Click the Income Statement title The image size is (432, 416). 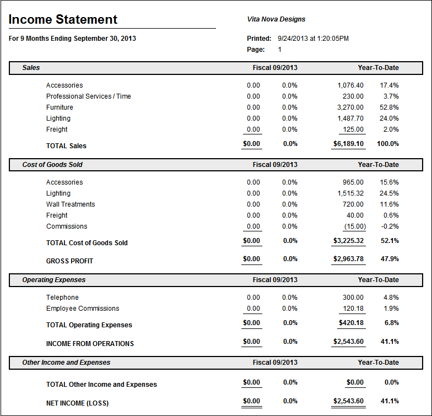coord(63,20)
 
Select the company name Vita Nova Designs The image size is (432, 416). coord(276,19)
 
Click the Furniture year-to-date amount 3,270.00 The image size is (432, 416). coord(350,107)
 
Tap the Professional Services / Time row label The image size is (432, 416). coord(89,96)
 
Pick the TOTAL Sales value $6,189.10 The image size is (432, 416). coord(348,144)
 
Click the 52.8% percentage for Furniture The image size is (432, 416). coord(389,107)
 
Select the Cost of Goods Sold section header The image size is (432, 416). coord(52,165)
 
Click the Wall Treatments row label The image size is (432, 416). coord(71,204)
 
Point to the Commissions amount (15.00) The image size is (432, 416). coord(353,226)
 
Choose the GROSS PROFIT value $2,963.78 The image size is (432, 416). coord(348,259)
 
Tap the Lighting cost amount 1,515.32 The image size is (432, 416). coord(350,193)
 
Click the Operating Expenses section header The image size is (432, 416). coord(54,280)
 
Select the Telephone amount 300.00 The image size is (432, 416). coord(353,298)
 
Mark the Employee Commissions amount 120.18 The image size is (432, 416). coord(353,309)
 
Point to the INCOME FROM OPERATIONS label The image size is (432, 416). coord(90,344)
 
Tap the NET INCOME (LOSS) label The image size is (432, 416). coord(77,403)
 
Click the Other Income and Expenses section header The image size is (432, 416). coord(66,363)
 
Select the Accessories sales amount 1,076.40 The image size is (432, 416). coord(350,85)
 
